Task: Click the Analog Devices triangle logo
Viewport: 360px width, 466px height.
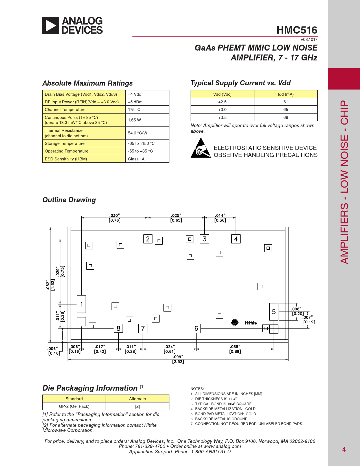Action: tap(51, 25)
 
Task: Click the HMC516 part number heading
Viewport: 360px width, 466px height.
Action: tap(297, 30)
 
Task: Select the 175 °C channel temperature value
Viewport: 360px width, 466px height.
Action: tap(134, 110)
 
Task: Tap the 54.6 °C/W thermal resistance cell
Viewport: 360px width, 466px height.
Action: tap(138, 133)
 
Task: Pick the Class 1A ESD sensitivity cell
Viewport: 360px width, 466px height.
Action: tap(136, 159)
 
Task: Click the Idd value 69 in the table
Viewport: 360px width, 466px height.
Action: tap(286, 117)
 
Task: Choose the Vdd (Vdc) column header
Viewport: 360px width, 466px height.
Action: tap(222, 94)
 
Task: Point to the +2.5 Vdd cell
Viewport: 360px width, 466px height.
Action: tap(222, 102)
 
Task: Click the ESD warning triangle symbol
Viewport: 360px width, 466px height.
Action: tap(201, 148)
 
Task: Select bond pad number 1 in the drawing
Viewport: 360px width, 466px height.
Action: tap(82, 304)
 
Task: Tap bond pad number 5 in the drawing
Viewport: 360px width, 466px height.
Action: tap(274, 312)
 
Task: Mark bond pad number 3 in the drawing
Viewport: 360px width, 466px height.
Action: tap(204, 239)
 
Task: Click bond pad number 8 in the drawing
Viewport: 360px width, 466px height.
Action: tap(118, 328)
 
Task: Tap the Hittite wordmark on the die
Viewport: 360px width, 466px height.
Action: tap(251, 323)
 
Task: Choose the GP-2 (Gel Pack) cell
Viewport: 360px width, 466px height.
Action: tap(74, 406)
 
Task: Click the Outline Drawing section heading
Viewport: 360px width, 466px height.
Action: tap(69, 200)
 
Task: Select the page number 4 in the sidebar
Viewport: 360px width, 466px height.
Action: tap(344, 450)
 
